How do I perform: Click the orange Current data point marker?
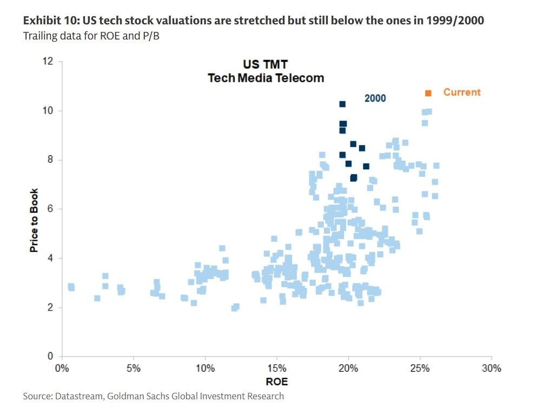[x=428, y=93]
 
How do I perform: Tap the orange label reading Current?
[x=461, y=93]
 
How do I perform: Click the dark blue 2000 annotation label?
[x=375, y=98]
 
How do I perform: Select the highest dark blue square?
[x=342, y=104]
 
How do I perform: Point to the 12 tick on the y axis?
[x=49, y=61]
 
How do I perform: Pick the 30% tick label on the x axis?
[x=491, y=368]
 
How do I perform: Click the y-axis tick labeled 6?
[x=51, y=209]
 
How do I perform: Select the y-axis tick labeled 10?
[x=49, y=110]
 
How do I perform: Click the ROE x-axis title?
[x=276, y=382]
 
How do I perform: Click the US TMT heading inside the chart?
[x=266, y=65]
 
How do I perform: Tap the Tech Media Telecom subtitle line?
[x=266, y=78]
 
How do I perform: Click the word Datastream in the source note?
[x=78, y=397]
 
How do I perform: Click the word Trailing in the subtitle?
[x=38, y=36]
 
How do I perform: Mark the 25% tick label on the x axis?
[x=420, y=368]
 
